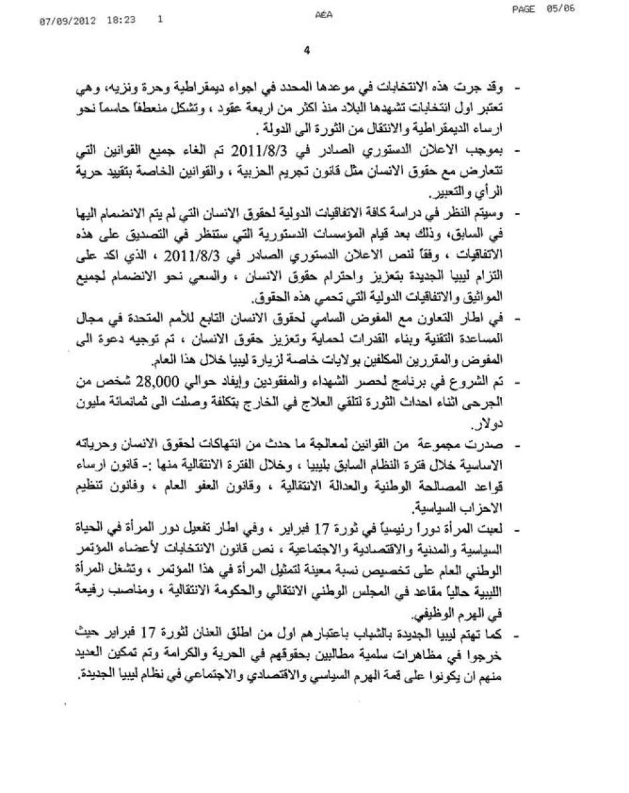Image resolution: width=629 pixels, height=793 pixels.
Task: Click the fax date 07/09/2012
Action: [67, 21]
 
